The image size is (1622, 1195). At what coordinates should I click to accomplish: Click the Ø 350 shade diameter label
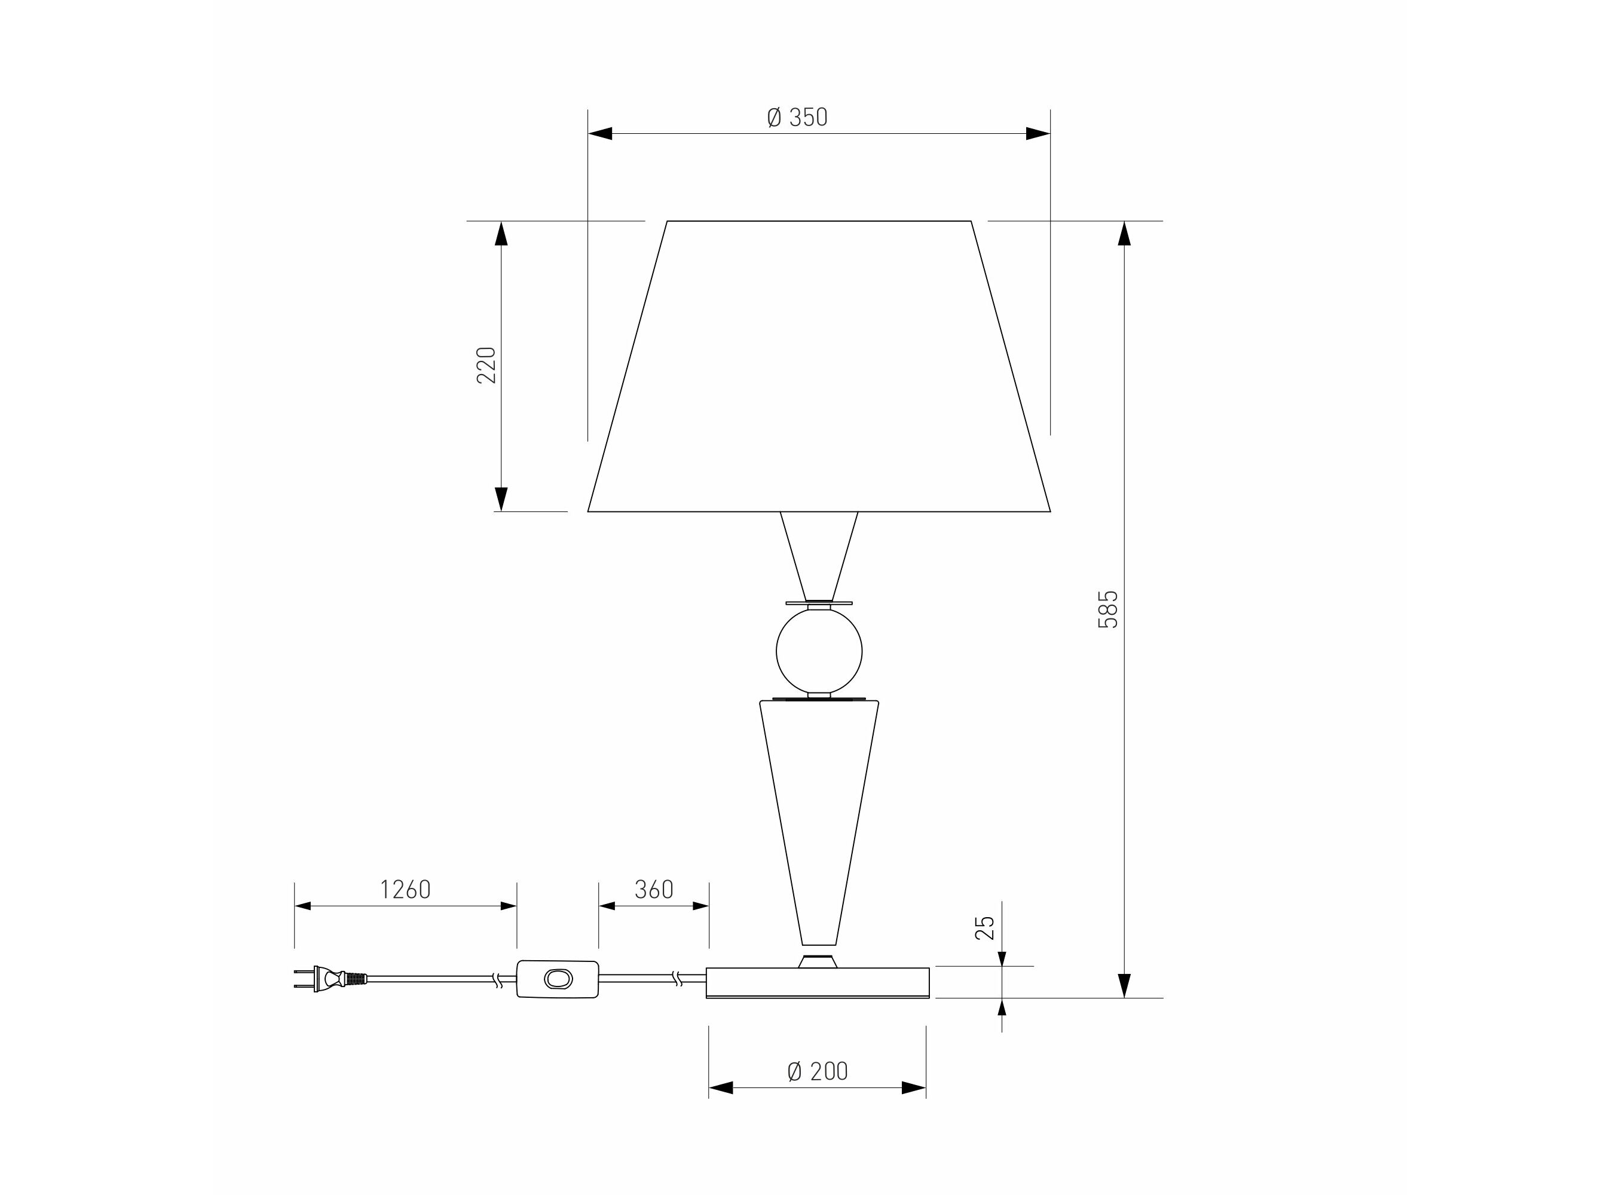pos(797,117)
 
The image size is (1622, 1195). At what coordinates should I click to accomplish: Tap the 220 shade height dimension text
pos(486,364)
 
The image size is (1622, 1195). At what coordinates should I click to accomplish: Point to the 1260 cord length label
pos(405,889)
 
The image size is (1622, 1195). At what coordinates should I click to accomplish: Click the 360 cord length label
pos(654,889)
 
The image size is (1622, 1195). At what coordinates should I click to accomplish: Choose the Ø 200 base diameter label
pos(818,1071)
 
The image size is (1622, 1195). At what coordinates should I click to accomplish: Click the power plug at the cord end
pos(330,979)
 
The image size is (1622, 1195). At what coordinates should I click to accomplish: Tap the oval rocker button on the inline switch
pos(558,979)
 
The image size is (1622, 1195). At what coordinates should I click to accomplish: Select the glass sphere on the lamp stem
pos(819,651)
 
